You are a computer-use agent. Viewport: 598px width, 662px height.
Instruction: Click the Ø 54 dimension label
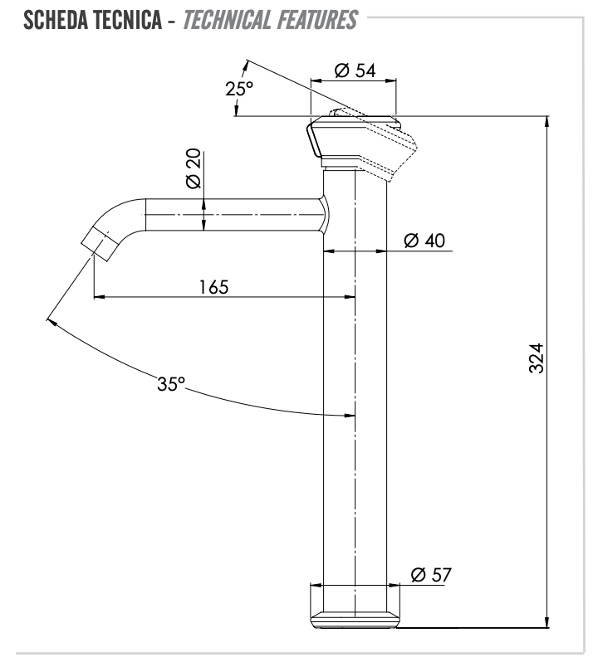355,71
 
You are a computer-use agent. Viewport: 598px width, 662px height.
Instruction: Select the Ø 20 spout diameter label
192,170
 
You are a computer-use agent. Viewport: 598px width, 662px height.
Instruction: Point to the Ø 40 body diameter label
424,241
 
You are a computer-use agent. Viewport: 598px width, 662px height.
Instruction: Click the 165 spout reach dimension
213,286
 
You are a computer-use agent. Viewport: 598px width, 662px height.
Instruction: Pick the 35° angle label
171,384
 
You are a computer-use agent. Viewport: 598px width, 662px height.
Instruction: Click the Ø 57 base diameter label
432,574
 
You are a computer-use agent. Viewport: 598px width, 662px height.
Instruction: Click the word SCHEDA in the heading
61,21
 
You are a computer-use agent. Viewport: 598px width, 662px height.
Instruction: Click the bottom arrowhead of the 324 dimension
547,622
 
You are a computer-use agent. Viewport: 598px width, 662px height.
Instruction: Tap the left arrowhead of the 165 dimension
99,295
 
